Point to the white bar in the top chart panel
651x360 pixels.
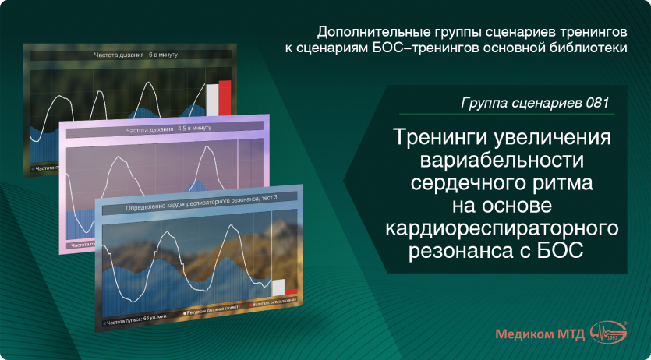[212, 100]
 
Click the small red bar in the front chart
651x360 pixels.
[291, 294]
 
